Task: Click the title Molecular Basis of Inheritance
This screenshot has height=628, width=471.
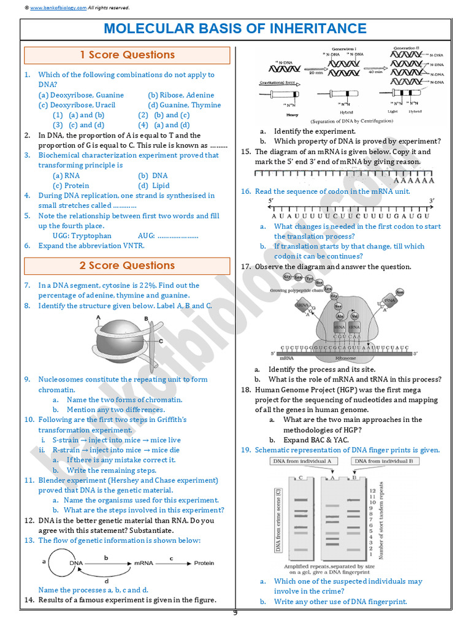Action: (x=235, y=29)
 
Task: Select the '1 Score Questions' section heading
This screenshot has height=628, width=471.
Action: (x=127, y=55)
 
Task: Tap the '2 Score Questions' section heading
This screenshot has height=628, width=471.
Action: (x=127, y=266)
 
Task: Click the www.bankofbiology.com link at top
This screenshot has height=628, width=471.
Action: (x=58, y=7)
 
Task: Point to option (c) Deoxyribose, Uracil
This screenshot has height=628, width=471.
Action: (x=77, y=105)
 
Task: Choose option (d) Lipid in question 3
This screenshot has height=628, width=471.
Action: (x=154, y=185)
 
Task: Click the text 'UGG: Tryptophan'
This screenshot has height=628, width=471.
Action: (x=82, y=235)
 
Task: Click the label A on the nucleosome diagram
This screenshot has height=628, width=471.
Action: (x=99, y=317)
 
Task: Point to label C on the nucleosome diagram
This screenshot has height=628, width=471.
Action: (x=161, y=341)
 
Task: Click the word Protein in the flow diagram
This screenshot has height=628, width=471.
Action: (x=204, y=563)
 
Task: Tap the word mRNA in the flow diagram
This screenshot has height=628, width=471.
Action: (x=144, y=563)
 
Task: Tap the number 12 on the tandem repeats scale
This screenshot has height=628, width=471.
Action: (x=372, y=491)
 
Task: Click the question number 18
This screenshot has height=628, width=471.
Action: (x=245, y=389)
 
